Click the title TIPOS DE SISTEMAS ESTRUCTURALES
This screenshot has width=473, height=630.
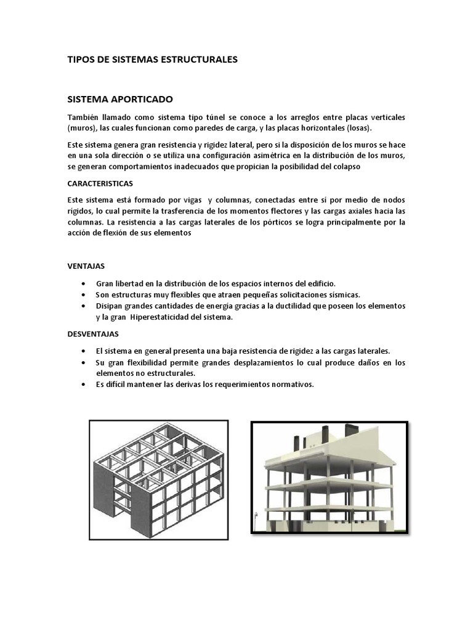click(x=152, y=60)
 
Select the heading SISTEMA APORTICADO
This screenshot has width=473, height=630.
click(x=120, y=98)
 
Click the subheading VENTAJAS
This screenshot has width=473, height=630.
click(x=86, y=266)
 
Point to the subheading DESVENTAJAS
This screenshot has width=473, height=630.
click(x=93, y=333)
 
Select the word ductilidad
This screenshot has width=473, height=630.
click(x=295, y=306)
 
